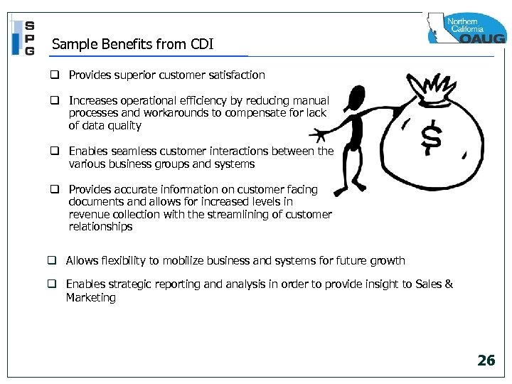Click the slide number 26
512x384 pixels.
(x=486, y=361)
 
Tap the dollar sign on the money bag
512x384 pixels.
(x=431, y=137)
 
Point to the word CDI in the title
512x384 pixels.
(x=202, y=46)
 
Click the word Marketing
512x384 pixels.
(x=90, y=298)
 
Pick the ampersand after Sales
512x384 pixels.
(x=448, y=284)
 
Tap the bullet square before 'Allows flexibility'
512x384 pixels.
(x=53, y=261)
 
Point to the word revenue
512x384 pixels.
(x=89, y=215)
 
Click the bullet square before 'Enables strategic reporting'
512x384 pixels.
(x=53, y=284)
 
